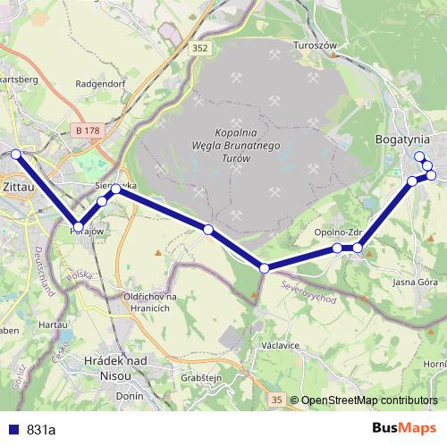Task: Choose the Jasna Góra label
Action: [415, 282]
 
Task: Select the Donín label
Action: [131, 394]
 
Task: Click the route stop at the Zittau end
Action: [15, 154]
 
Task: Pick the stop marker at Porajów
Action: [79, 227]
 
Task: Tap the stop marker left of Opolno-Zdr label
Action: [337, 248]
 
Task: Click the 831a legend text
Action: [41, 429]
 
